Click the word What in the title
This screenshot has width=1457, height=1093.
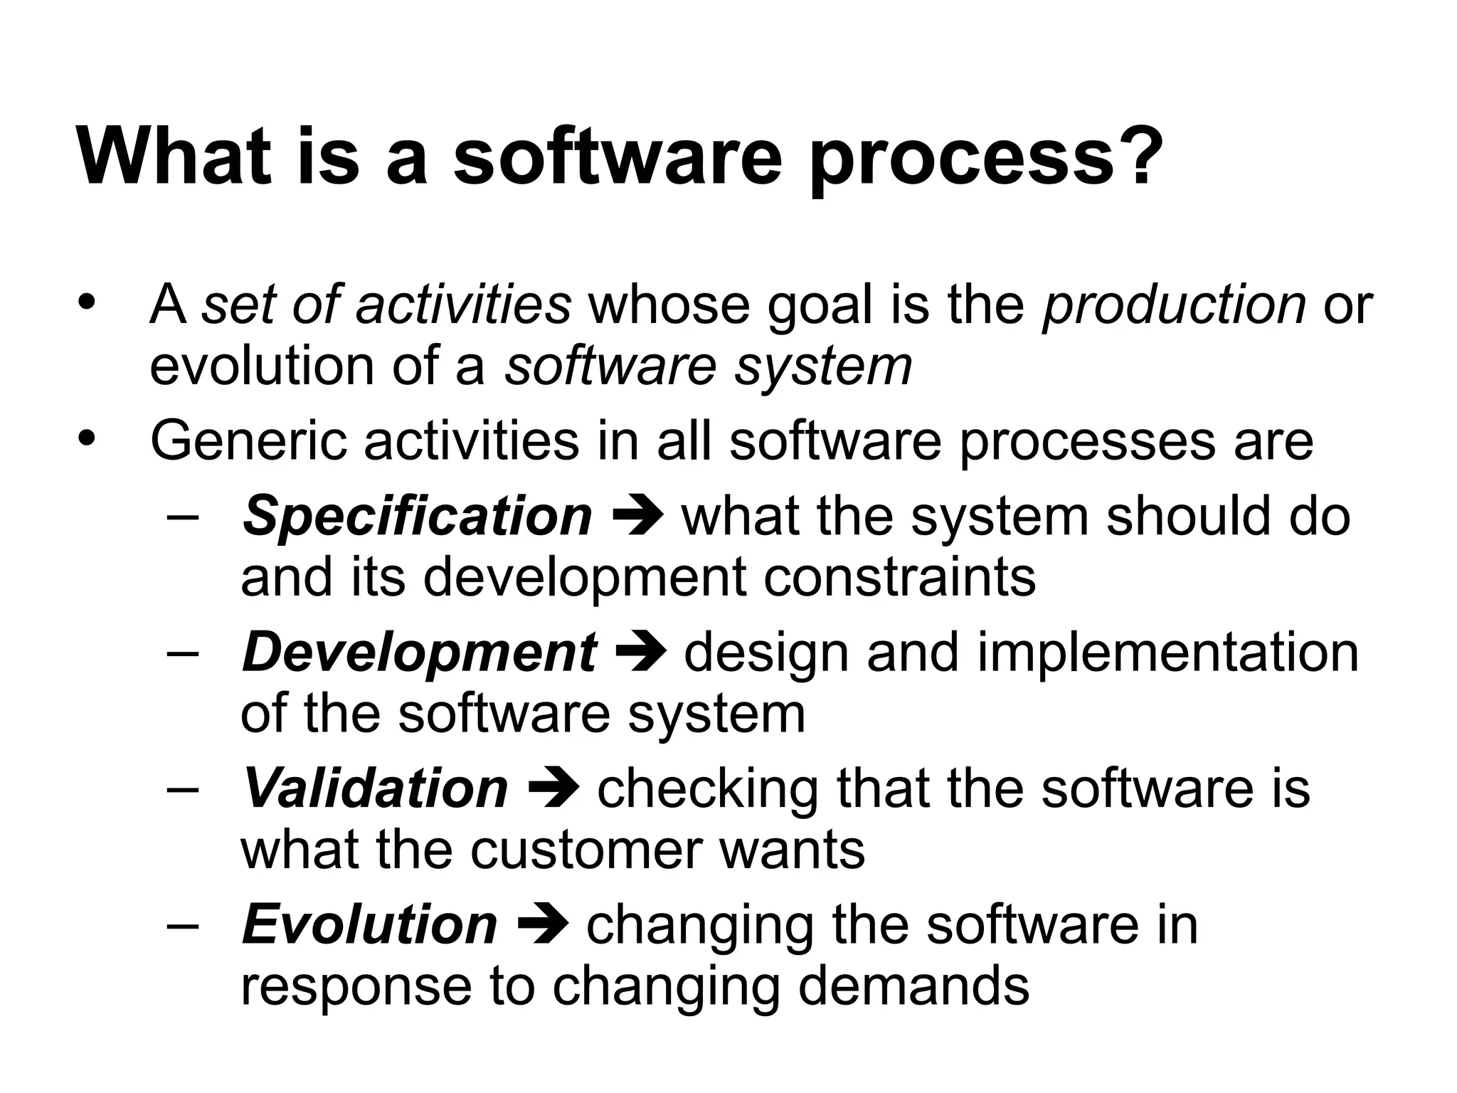click(x=174, y=157)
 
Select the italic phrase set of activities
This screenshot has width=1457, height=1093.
click(x=386, y=305)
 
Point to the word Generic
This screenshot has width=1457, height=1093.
click(x=248, y=441)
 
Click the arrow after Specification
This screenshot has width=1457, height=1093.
click(x=637, y=514)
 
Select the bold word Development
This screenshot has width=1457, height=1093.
click(x=419, y=653)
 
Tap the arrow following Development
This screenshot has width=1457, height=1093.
click(x=640, y=651)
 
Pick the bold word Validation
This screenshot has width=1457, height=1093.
click(x=376, y=788)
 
